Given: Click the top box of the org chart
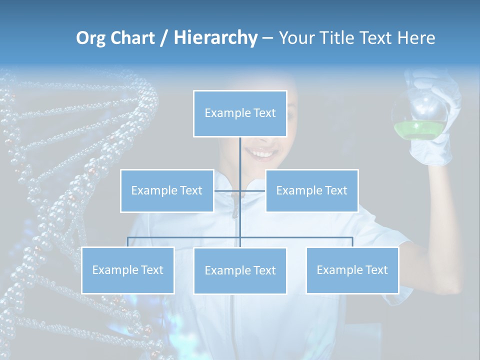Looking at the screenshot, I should click(x=240, y=113).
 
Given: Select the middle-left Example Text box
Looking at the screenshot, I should click(x=167, y=190).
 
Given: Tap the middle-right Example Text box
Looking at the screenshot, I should click(x=311, y=190).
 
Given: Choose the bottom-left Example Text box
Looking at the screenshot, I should click(x=128, y=270).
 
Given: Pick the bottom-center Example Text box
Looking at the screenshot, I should click(x=240, y=270).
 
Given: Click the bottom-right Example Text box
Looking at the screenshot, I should click(x=352, y=270).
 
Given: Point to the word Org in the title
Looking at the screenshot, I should click(x=90, y=37).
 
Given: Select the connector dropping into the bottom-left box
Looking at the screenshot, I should click(x=128, y=242).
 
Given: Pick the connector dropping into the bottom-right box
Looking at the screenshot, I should click(x=352, y=242).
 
